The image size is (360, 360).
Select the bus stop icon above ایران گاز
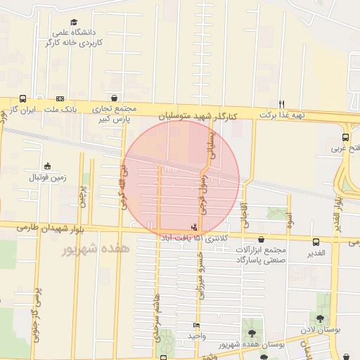coord(23,99)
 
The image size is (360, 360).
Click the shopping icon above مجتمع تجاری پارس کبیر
coord(115,98)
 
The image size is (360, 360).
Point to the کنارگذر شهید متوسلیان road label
coord(201,113)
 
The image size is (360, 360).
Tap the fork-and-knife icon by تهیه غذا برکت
coord(281,103)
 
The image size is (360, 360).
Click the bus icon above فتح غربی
coord(345,137)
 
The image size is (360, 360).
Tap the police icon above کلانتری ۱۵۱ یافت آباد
coord(193,226)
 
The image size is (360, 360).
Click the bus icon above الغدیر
coord(316,242)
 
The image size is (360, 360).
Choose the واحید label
coord(196,336)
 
